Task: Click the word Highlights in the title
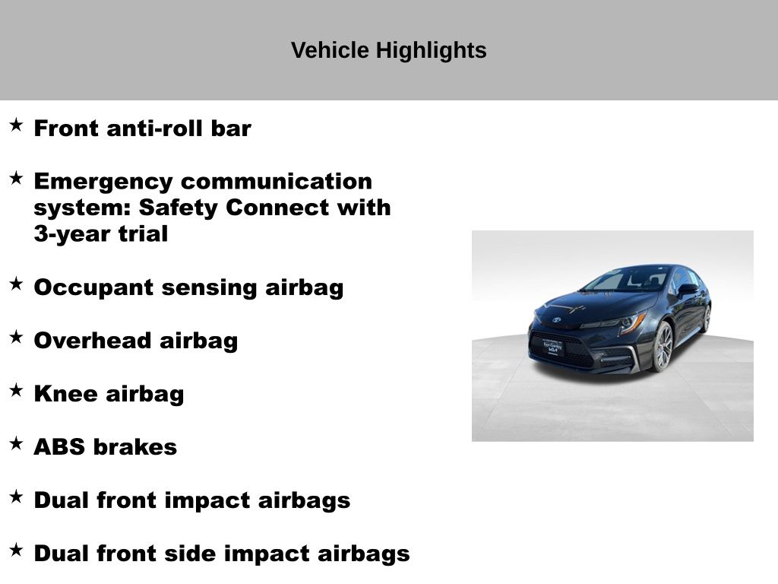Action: [x=432, y=51]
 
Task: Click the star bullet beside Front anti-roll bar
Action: [x=17, y=125]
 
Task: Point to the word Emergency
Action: [x=103, y=182]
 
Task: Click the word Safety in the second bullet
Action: [x=178, y=208]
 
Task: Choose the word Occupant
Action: [x=93, y=288]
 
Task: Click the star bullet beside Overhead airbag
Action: [x=17, y=337]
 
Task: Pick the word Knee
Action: [x=65, y=394]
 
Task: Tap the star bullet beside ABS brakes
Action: [x=17, y=443]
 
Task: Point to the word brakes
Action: [x=135, y=447]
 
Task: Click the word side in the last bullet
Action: [x=187, y=554]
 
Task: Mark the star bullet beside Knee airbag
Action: [x=17, y=390]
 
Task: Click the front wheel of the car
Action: [x=663, y=347]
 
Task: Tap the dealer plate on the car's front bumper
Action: [x=552, y=347]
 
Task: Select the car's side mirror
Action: [x=688, y=290]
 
